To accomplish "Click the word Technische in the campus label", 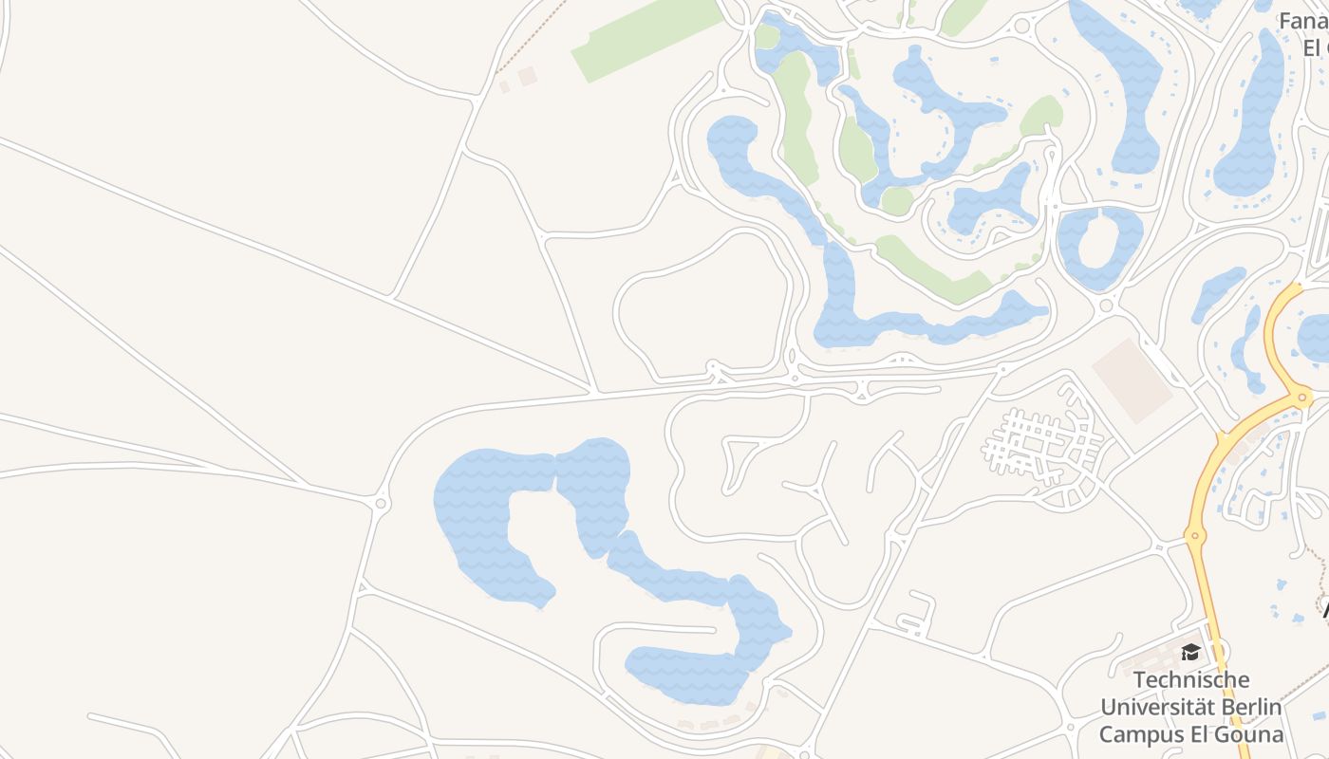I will [1190, 680].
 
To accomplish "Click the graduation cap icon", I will [1190, 653].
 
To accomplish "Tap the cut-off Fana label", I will [1302, 21].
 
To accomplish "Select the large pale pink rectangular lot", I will [1132, 379].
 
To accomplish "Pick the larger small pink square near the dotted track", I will [527, 76].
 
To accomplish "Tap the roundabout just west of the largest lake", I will [381, 504].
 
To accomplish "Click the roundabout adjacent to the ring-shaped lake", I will [1104, 305].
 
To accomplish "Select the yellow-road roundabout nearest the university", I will [1194, 536].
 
